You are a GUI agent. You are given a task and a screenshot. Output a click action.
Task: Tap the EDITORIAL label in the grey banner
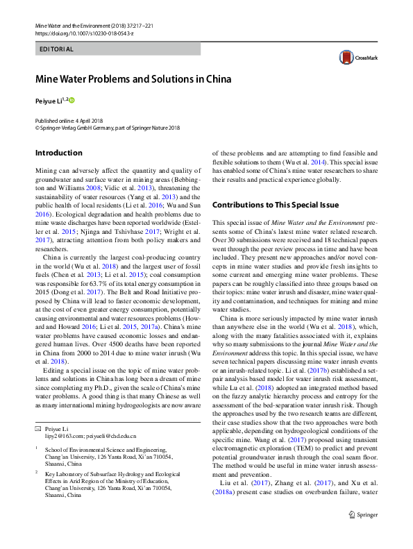57,49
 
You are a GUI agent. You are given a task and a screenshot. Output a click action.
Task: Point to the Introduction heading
58,153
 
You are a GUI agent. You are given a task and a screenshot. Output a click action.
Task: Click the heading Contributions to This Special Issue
275,205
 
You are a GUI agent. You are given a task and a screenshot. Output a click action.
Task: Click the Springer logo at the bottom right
363,534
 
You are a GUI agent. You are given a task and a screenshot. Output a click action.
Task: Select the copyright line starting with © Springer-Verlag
107,128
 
